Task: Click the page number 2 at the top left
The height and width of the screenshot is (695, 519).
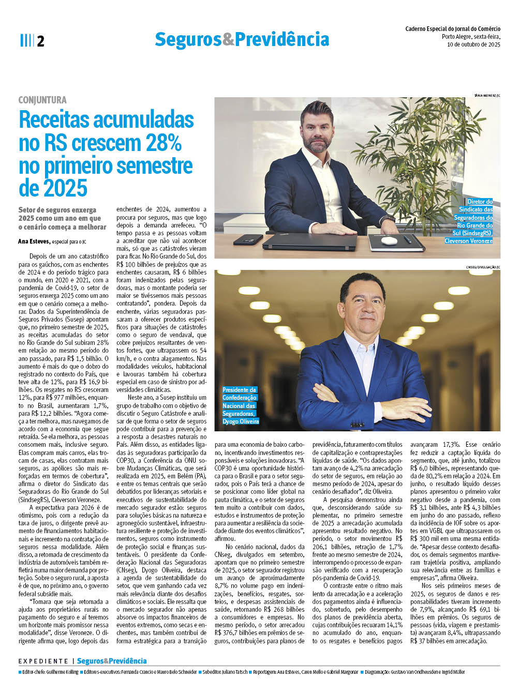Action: click(x=40, y=41)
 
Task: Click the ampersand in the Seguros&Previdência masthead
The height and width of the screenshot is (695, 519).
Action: click(x=228, y=39)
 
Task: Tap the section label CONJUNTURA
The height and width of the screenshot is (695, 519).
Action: click(x=42, y=100)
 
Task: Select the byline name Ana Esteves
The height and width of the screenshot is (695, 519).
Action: click(x=34, y=241)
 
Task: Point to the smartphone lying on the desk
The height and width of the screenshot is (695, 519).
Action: click(x=248, y=240)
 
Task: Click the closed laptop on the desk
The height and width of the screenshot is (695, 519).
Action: click(x=309, y=241)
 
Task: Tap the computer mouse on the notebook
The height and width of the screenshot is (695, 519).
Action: click(x=389, y=240)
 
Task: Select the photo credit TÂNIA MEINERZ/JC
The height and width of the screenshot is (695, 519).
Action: click(x=487, y=96)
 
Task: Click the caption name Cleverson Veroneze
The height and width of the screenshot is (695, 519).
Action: click(x=468, y=241)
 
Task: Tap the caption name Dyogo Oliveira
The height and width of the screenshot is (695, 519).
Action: click(x=241, y=421)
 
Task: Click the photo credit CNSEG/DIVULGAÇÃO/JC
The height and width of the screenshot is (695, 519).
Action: click(x=483, y=267)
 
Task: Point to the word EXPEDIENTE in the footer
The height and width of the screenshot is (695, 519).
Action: click(x=43, y=661)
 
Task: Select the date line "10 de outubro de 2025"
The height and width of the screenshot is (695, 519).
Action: click(x=473, y=44)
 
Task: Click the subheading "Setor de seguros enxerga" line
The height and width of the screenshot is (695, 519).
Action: click(x=57, y=210)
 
